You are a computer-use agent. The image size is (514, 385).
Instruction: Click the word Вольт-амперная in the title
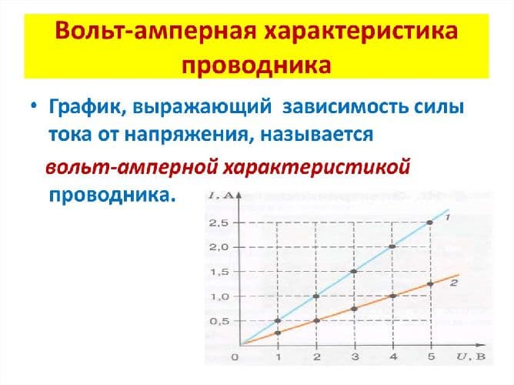tap(152, 34)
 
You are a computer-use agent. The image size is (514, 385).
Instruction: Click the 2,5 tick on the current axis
tap(219, 223)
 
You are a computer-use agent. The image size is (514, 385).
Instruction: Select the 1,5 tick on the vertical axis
tap(219, 272)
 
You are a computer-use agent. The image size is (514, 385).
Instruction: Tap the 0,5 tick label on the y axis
tap(219, 321)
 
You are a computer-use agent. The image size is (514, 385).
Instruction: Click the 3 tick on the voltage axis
tap(354, 358)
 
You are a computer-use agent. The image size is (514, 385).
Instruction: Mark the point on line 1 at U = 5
tap(429, 223)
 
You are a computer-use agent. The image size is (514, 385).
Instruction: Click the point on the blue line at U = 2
tap(316, 296)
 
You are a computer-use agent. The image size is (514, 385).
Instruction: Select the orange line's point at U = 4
tap(392, 296)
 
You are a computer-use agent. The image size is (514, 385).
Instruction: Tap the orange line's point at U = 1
tap(279, 333)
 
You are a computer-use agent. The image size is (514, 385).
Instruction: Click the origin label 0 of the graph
tap(235, 358)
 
